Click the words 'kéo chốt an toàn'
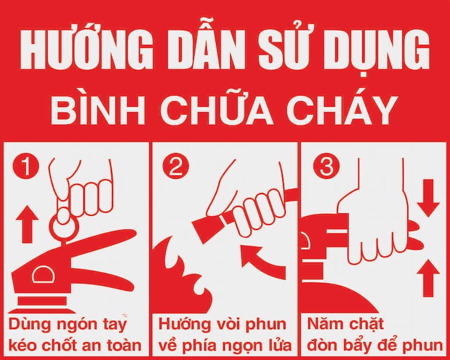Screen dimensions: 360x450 point(75,343)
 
